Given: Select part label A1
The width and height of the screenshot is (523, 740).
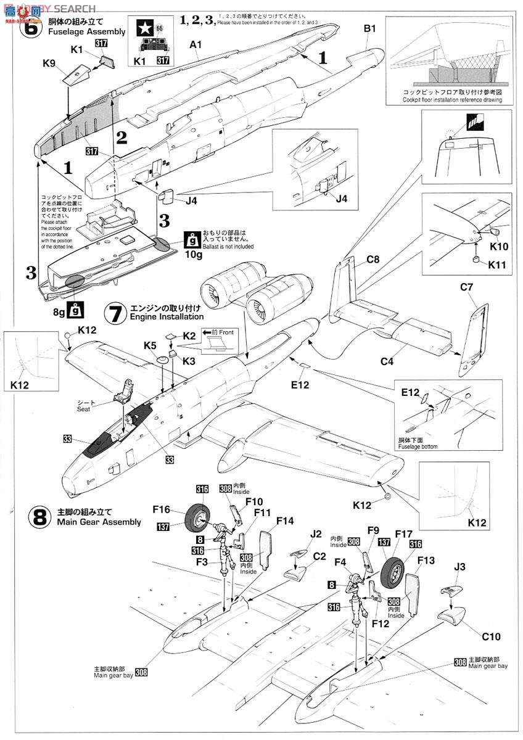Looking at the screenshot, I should [x=196, y=44].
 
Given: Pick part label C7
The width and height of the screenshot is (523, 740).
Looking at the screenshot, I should [x=466, y=286].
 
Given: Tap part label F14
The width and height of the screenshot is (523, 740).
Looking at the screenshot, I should [x=285, y=521].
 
